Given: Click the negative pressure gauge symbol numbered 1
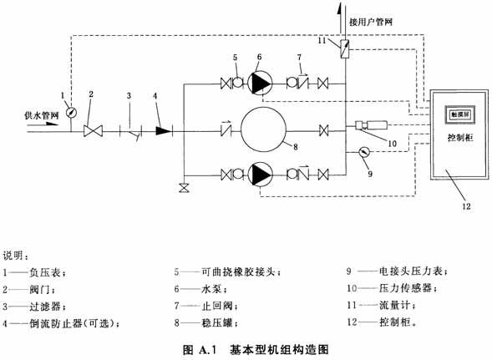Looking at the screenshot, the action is tap(72, 113).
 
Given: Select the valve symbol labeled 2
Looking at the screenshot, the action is tap(94, 131).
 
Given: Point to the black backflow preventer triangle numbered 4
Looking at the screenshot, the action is tap(164, 131).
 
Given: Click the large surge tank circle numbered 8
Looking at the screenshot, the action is tap(263, 129).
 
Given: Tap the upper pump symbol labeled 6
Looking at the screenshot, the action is tap(260, 84).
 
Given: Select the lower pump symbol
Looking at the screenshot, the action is tap(260, 175).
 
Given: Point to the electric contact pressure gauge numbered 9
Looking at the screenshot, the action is tap(364, 152).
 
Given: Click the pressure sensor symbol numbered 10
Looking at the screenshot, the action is tap(371, 125).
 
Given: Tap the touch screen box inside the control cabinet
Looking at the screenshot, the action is tap(460, 115).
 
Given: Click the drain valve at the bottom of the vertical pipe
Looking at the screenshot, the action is tap(184, 188).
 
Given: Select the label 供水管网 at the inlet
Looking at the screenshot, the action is tap(42, 115).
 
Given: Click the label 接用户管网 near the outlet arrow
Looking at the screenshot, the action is tap(371, 22).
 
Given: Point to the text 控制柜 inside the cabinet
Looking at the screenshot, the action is tap(460, 138).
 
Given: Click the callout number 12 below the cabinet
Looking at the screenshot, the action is tap(466, 206).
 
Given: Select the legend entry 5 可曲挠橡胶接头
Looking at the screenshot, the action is tap(227, 271).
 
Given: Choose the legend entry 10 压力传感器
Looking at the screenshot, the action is tap(392, 288).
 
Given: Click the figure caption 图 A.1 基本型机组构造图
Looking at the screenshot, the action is tap(256, 349).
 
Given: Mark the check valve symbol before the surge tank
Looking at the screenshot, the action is tap(226, 129).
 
